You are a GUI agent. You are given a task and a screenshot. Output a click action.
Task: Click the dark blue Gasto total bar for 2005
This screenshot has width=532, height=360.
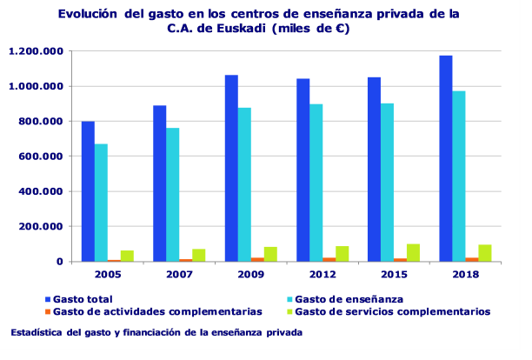tap(88, 191)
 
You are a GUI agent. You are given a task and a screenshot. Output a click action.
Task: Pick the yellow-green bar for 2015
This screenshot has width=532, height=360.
tap(413, 252)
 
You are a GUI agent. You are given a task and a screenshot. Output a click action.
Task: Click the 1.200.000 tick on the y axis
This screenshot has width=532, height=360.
tap(35, 51)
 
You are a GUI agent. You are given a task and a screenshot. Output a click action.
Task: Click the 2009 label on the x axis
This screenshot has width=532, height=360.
tap(251, 274)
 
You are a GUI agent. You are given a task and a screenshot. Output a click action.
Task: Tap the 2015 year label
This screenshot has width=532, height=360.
tap(394, 274)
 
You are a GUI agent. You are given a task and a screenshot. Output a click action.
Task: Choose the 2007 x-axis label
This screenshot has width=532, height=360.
tap(179, 274)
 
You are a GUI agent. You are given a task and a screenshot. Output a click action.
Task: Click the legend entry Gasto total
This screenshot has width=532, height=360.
tap(83, 299)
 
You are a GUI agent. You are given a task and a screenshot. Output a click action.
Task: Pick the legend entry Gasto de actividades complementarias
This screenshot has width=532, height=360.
tap(156, 311)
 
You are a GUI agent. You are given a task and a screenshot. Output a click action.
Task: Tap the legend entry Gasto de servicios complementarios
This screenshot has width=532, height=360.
tap(392, 311)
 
